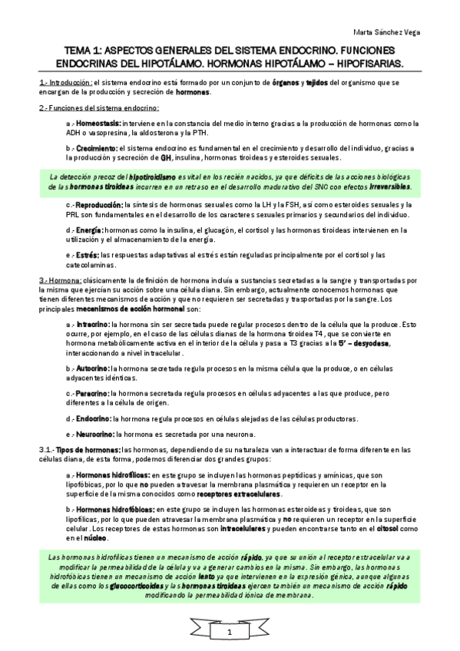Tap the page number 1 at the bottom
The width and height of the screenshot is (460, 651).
[x=229, y=632]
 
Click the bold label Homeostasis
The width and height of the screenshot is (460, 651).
[x=99, y=124]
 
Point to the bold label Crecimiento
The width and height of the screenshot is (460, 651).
[x=98, y=147]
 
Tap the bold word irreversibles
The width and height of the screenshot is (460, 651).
[x=389, y=186]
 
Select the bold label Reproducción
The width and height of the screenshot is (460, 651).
[x=101, y=205]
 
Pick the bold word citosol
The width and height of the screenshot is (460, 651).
[x=382, y=528]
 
